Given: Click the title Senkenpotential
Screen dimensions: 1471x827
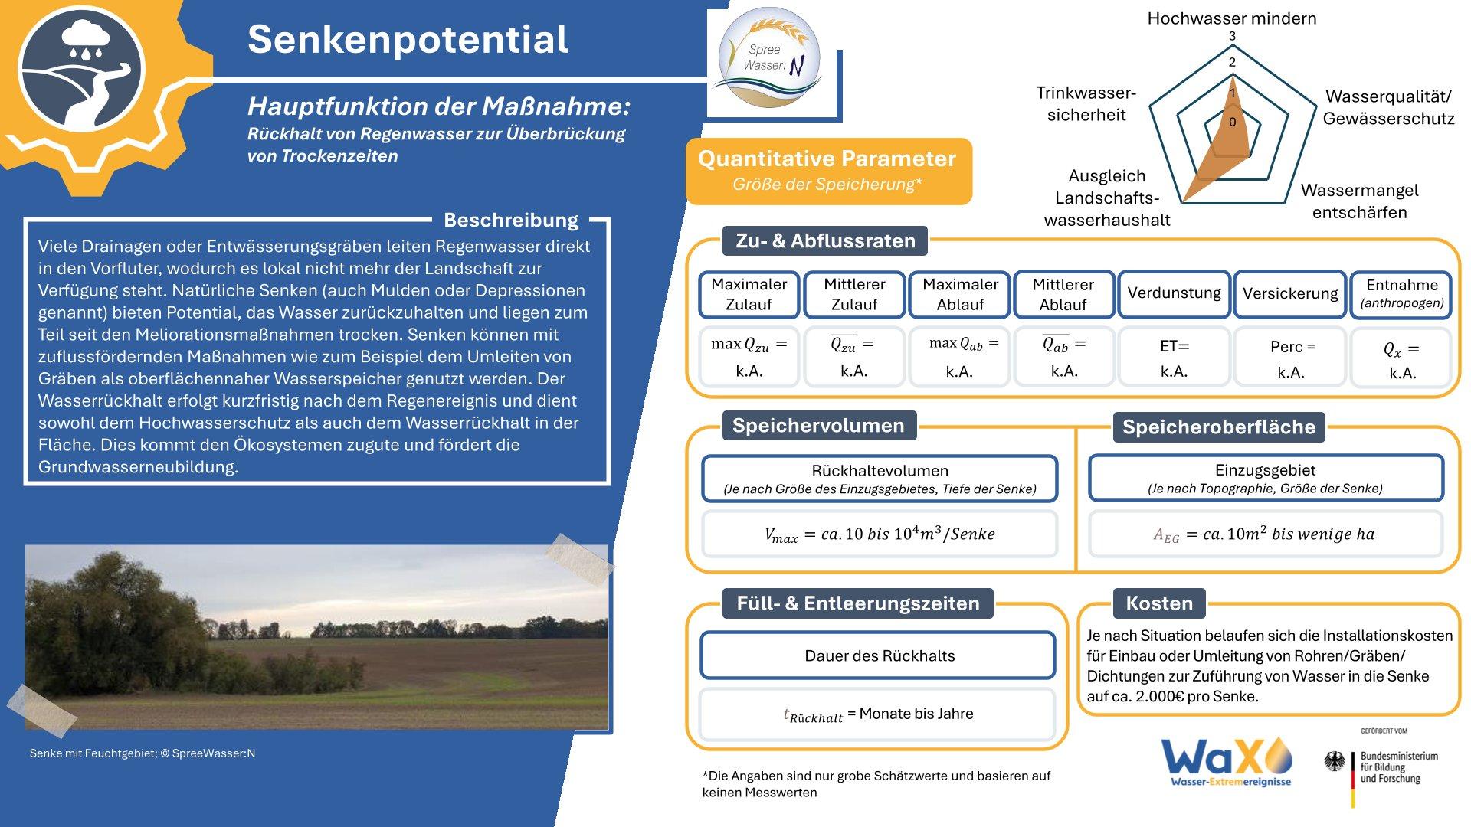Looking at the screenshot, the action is click(x=408, y=40).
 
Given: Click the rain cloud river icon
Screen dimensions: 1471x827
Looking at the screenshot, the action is click(x=81, y=74).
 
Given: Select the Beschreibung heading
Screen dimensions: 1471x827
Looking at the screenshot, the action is click(x=511, y=221).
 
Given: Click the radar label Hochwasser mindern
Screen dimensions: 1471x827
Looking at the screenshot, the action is click(x=1232, y=18).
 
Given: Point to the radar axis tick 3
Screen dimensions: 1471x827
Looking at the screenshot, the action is click(x=1232, y=37).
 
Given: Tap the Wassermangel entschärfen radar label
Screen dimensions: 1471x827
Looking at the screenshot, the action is click(x=1360, y=201).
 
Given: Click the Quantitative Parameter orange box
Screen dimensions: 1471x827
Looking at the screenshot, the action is click(x=828, y=171).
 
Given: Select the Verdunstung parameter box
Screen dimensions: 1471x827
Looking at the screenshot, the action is click(x=1174, y=293).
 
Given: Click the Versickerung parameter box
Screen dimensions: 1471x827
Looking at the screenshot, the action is click(x=1290, y=293).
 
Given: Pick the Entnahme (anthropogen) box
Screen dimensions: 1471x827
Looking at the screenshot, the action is click(x=1401, y=293).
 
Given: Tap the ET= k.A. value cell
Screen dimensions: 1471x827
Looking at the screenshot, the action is click(x=1174, y=358).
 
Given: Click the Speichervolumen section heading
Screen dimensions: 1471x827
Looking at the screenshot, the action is click(x=818, y=426).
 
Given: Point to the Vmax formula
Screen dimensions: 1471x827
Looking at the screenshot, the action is click(x=880, y=534).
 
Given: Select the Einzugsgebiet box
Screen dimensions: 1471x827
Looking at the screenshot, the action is click(x=1266, y=478).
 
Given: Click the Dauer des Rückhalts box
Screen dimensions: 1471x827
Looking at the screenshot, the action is click(x=879, y=655).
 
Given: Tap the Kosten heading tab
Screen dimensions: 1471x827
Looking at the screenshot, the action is click(x=1159, y=603).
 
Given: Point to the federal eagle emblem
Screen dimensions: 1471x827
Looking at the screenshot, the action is click(x=1335, y=761).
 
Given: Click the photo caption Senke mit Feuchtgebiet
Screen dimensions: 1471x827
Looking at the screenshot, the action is click(x=143, y=753).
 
